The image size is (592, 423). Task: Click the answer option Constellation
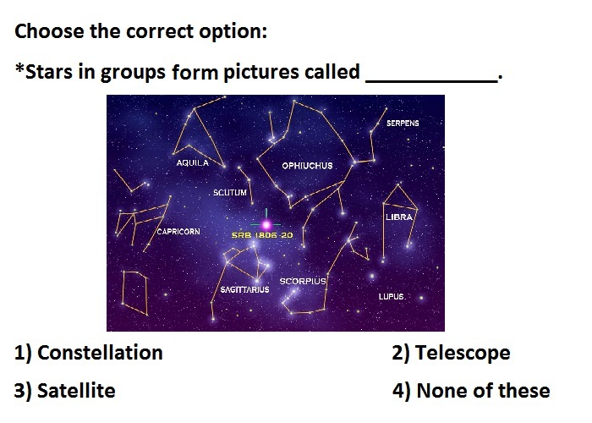(x=89, y=353)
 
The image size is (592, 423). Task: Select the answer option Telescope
(x=451, y=353)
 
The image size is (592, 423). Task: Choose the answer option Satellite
(x=64, y=391)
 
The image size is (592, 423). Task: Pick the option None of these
(x=471, y=391)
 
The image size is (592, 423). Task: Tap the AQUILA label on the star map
(x=193, y=162)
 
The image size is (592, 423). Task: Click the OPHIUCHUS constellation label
(x=307, y=166)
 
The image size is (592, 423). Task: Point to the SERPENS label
(x=403, y=124)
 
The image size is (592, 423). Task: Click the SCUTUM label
(x=230, y=193)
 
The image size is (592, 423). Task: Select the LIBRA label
(x=399, y=217)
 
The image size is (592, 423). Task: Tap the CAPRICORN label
(x=178, y=232)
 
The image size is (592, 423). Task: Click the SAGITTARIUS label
(x=244, y=289)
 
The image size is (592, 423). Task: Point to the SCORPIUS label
(x=303, y=282)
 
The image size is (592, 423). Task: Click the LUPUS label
(x=391, y=296)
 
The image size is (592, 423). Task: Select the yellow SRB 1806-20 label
(x=262, y=235)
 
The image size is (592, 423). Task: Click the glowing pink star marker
(x=266, y=225)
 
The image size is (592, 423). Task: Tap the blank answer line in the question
(x=431, y=81)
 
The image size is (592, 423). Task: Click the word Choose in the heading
(x=49, y=31)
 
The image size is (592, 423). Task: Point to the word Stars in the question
(x=48, y=72)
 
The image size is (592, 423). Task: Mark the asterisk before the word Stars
(x=19, y=68)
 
